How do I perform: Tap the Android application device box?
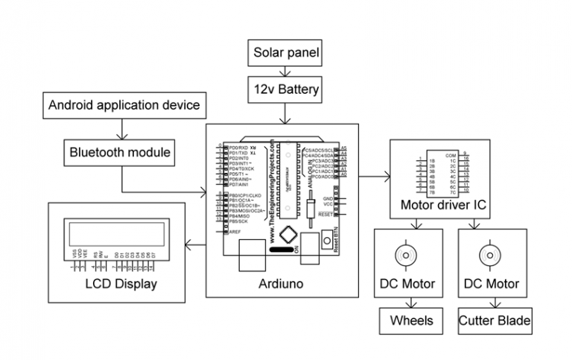(x=124, y=105)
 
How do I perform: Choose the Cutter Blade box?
(x=495, y=321)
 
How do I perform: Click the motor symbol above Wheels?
(x=407, y=254)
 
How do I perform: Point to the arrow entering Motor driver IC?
(x=375, y=177)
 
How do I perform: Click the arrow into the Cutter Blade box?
(x=494, y=303)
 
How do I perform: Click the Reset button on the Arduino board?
(x=326, y=240)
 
